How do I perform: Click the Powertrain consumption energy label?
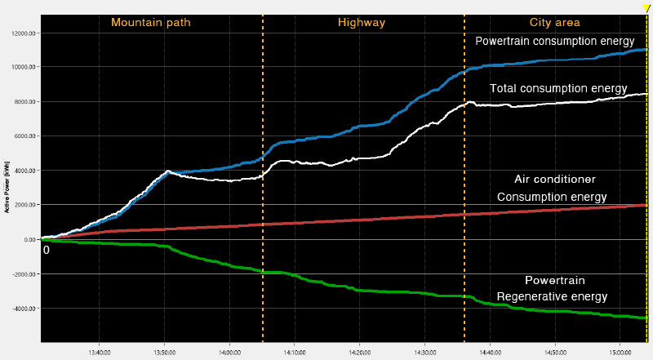click(x=555, y=41)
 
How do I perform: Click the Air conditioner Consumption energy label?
click(x=553, y=188)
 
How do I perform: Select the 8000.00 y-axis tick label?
click(x=24, y=102)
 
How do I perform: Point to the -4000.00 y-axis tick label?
click(x=24, y=309)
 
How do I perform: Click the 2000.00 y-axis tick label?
click(x=24, y=205)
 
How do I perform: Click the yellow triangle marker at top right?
click(x=646, y=8)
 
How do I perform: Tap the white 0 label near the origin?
click(x=47, y=250)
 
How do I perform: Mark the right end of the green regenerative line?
click(x=646, y=318)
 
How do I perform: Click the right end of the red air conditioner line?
click(x=646, y=205)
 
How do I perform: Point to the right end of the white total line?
click(x=646, y=95)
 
